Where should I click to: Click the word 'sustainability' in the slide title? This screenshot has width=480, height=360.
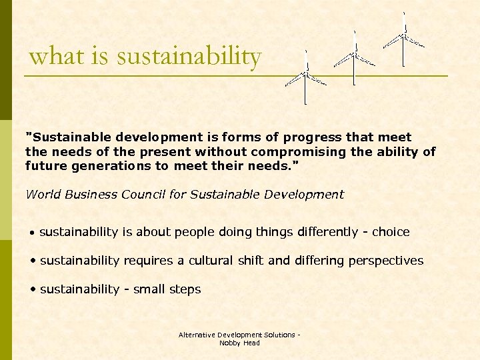coord(189,57)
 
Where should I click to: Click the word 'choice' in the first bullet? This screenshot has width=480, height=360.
coord(391,232)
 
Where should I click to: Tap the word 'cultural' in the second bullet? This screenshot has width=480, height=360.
coord(213,261)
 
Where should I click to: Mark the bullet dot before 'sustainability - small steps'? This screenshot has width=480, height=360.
coord(33,290)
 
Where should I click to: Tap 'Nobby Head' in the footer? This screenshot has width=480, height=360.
coord(239,343)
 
